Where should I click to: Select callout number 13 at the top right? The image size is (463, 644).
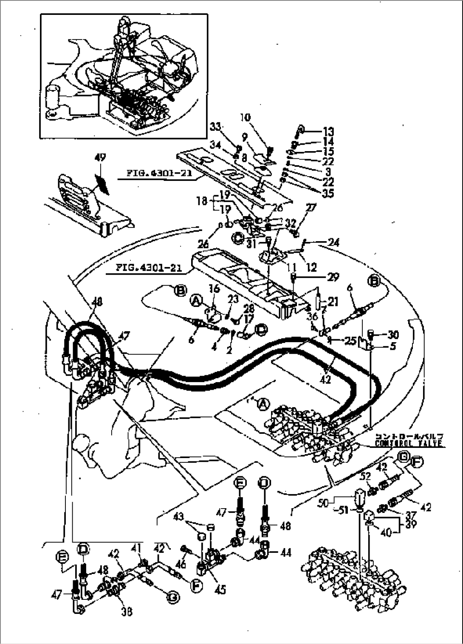tap(328, 132)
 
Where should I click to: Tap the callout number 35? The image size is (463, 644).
tap(328, 193)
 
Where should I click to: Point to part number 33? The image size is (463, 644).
tap(216, 126)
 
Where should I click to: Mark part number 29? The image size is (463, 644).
tap(333, 277)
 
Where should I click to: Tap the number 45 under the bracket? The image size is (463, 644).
tap(220, 589)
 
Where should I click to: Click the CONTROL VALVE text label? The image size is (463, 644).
tap(409, 444)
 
